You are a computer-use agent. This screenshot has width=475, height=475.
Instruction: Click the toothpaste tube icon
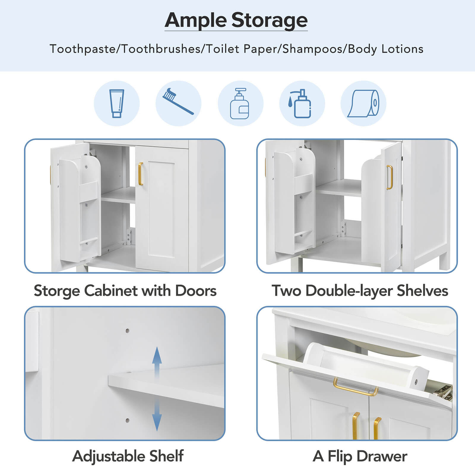tap(117, 103)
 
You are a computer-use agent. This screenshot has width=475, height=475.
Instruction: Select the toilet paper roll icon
tap(363, 103)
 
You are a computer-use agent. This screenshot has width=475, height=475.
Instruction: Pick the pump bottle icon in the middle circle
tap(240, 104)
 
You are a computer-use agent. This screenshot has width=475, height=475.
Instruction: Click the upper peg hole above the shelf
tap(127, 330)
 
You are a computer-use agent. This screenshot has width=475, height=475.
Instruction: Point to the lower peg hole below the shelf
tap(127, 420)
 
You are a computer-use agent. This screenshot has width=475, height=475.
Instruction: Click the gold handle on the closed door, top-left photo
tap(140, 174)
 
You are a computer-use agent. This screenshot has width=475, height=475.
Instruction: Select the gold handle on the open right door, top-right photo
tap(389, 177)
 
